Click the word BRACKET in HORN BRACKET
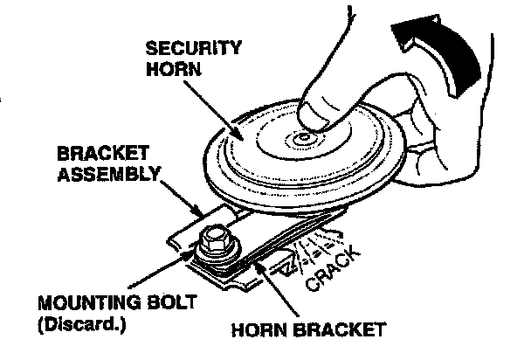click(340, 331)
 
